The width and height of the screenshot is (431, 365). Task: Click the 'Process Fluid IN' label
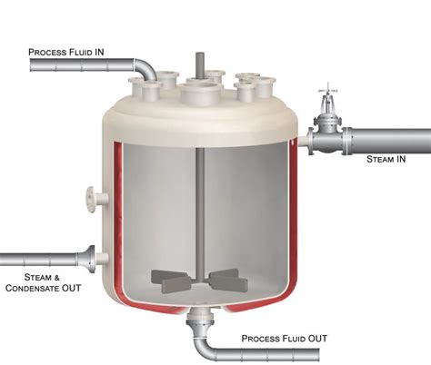[66, 52]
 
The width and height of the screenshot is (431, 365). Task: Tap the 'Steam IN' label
[386, 159]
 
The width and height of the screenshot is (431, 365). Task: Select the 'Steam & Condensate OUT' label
[44, 282]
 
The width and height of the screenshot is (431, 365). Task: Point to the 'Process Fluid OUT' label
[285, 339]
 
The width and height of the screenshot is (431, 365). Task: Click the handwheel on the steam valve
[327, 91]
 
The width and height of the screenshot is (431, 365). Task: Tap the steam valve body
[327, 135]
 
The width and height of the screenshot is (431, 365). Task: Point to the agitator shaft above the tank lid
[199, 65]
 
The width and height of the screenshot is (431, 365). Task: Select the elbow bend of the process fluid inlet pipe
[145, 69]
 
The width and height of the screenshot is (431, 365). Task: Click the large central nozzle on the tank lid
[201, 93]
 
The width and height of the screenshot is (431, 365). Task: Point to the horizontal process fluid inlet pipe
[82, 64]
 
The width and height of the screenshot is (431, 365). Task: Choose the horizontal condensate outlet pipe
[39, 260]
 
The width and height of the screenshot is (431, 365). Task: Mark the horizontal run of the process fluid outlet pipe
[266, 354]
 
